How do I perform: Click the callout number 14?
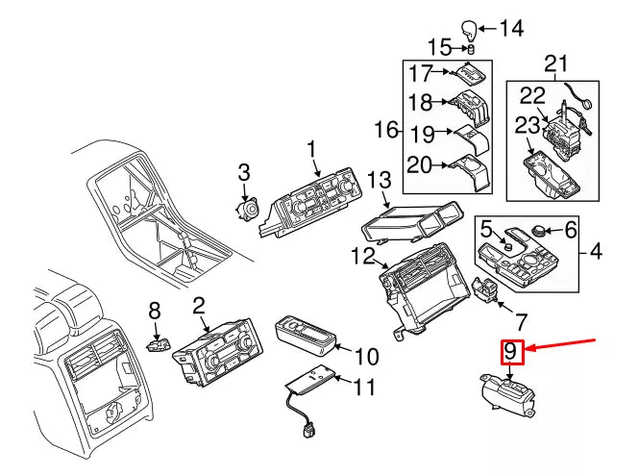(510, 28)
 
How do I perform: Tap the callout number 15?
(439, 47)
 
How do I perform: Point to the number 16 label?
(385, 129)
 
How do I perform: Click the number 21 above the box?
(556, 65)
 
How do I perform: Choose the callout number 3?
(243, 172)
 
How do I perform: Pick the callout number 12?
(361, 255)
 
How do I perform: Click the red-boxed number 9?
(511, 354)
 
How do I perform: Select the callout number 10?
(366, 357)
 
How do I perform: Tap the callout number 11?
(364, 388)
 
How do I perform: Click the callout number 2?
(199, 307)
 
